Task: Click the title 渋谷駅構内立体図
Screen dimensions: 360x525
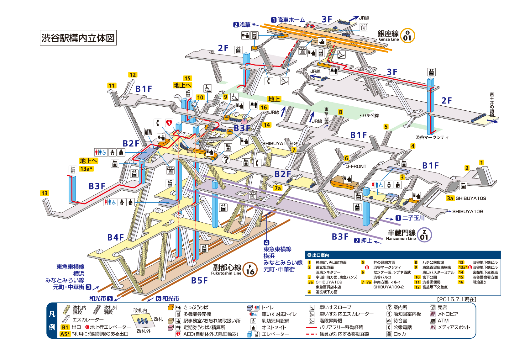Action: (78, 38)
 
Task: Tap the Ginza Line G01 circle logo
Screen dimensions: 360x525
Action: (407, 36)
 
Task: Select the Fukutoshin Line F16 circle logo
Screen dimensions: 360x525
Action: (250, 269)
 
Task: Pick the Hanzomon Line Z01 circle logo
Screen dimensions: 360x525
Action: (424, 235)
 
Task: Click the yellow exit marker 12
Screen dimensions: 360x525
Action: (133, 75)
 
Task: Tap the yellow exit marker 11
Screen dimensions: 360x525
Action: (112, 86)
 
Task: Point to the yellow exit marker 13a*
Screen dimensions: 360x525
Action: (86, 169)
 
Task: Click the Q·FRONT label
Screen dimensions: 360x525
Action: (356, 167)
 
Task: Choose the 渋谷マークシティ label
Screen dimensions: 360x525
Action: (432, 137)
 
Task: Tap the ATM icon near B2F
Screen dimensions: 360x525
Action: (148, 132)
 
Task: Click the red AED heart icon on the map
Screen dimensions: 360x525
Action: (169, 123)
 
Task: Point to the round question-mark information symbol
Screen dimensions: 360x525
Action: (226, 159)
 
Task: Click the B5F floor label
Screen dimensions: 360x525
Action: (199, 280)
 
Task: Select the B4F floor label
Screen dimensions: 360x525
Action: (116, 237)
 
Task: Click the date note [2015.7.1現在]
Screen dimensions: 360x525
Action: (456, 299)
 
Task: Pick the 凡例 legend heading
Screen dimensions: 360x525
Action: (52, 320)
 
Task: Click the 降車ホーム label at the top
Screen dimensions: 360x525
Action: (291, 20)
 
